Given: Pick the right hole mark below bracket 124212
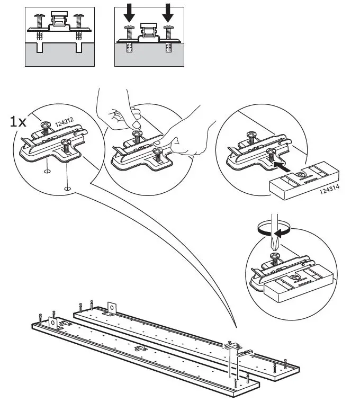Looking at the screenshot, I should click(x=67, y=189).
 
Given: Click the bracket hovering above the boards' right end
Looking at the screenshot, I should click(x=232, y=345).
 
